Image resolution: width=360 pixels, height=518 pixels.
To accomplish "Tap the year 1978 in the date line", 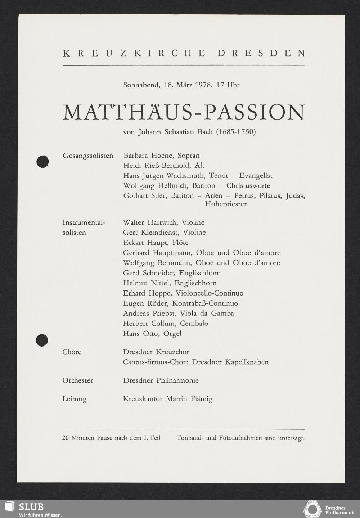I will point(204,85).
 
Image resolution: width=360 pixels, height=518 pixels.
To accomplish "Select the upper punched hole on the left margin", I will point(42,162).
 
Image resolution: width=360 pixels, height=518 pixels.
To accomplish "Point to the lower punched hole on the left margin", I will point(42,340).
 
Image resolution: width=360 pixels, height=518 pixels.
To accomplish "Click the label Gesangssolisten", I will point(88,156).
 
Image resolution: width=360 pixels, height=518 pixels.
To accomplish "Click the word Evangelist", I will point(256,176).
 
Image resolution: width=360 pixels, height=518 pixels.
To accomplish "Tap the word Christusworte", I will point(248,186).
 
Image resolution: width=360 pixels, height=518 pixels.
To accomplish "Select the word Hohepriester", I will point(226,204).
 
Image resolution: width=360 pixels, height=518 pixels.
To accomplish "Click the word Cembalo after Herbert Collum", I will point(194,323).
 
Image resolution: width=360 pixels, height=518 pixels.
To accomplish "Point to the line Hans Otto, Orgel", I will point(152,333).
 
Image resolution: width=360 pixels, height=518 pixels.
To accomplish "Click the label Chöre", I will point(72,352).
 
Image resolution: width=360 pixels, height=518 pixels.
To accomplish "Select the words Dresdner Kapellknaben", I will point(230,362).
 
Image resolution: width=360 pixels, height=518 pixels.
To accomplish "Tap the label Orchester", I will point(77,380).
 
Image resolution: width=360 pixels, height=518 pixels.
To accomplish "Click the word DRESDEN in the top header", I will point(261,53).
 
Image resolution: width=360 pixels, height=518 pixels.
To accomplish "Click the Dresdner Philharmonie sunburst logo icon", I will point(312,509).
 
